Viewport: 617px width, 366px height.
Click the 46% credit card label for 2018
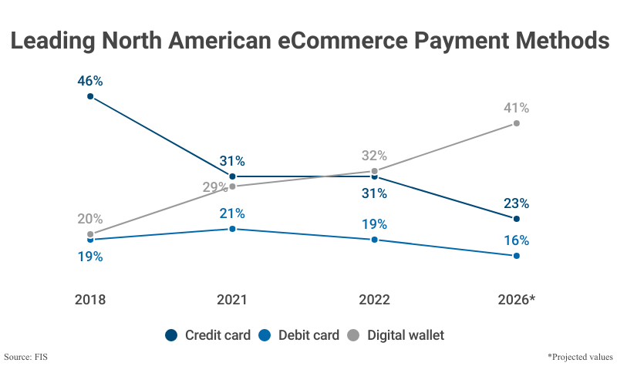point(90,80)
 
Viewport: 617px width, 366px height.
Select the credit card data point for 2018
point(90,96)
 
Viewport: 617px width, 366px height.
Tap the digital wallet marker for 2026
point(517,123)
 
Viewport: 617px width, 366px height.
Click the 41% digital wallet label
point(516,108)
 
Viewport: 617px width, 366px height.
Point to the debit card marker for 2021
point(232,229)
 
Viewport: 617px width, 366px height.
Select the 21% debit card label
point(232,213)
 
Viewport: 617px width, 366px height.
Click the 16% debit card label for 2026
point(516,240)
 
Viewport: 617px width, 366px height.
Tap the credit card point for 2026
point(517,218)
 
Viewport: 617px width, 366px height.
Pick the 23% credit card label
point(516,203)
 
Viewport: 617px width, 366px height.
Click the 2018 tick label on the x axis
point(90,300)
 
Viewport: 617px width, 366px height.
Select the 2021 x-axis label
point(232,300)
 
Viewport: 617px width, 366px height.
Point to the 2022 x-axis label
point(374,300)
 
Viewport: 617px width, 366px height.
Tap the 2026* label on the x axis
point(516,300)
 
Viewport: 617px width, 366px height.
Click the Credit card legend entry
point(208,335)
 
